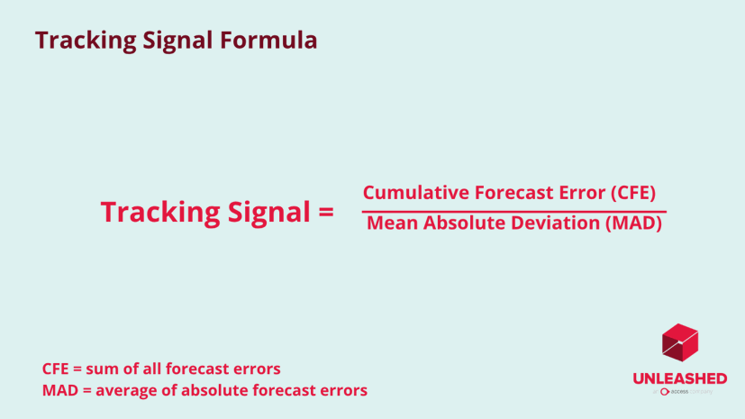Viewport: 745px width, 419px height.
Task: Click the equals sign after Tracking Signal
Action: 326,213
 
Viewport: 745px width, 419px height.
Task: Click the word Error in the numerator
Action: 577,193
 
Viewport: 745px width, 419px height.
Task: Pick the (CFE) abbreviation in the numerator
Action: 631,193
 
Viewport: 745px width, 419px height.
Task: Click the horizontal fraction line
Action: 513,211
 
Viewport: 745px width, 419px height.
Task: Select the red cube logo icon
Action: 680,342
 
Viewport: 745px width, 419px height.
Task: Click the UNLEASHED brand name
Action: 680,378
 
